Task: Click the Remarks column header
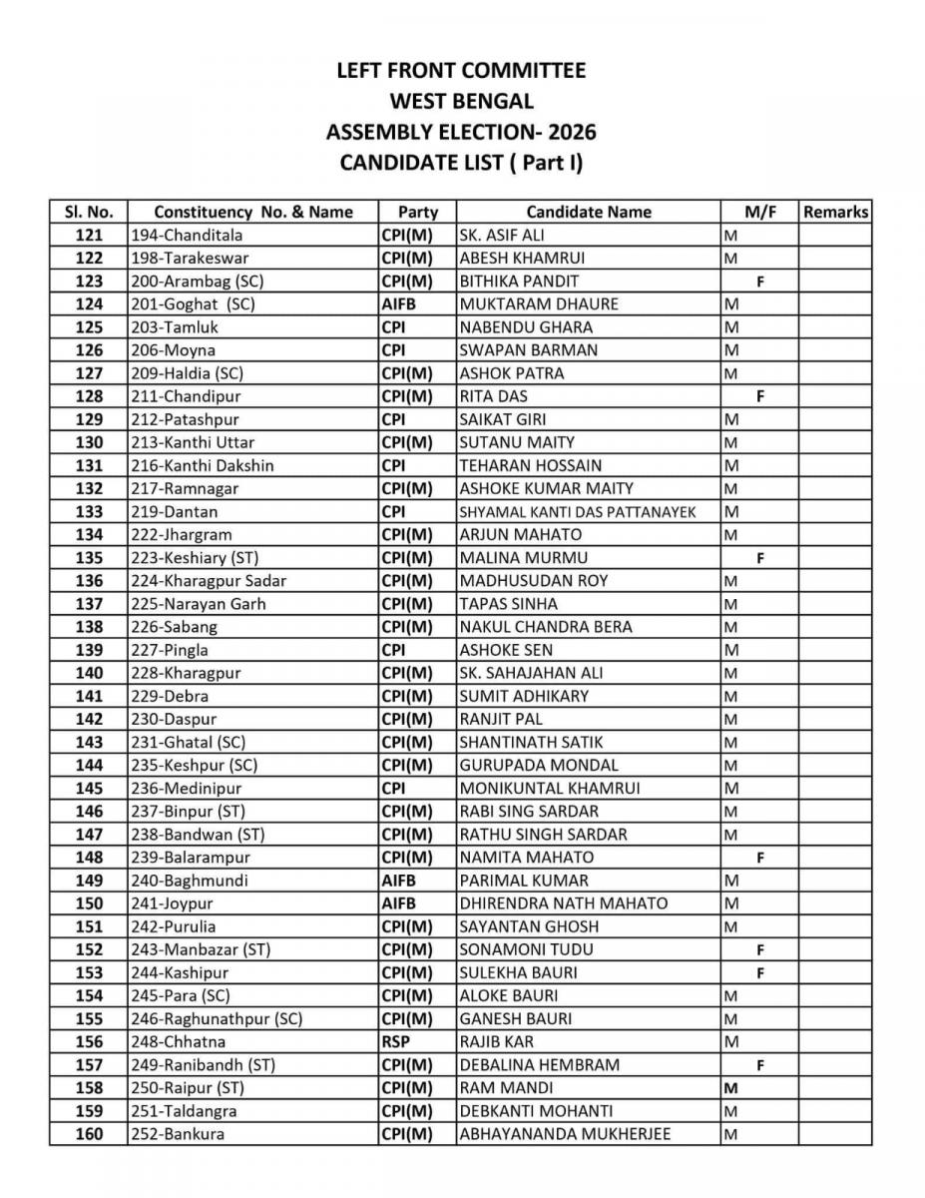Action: tap(835, 212)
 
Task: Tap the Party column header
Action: tap(418, 212)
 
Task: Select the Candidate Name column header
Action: tap(589, 212)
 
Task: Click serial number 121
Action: tap(89, 235)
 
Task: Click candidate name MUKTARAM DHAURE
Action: tap(539, 303)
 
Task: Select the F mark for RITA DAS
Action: tap(760, 396)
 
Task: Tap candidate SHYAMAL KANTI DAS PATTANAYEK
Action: tap(578, 511)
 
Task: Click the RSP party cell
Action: tap(396, 1041)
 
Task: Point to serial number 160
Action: tap(89, 1134)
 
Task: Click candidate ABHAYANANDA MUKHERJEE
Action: tap(565, 1134)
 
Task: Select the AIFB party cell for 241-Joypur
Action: tap(398, 903)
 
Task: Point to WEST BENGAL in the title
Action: tap(461, 101)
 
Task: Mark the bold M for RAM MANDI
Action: tap(730, 1088)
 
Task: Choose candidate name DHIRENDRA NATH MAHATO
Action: tap(564, 903)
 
